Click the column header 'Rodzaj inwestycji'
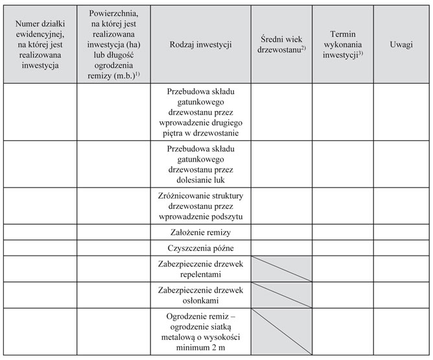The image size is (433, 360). tap(200, 43)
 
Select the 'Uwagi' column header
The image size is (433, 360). tap(402, 43)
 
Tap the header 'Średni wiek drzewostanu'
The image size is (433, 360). tap(281, 43)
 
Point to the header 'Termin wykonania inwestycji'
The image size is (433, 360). tap(342, 43)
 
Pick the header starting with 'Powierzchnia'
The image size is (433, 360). tap(113, 43)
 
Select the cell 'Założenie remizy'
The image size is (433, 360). tap(200, 232)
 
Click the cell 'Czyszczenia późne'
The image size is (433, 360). tap(200, 248)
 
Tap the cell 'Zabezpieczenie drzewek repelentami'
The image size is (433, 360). tap(200, 269)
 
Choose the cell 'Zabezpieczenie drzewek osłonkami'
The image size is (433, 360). tap(200, 295)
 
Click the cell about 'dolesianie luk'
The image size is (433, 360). tap(200, 164)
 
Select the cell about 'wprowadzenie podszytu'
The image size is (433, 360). tap(200, 206)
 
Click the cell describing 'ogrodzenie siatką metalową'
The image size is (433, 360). tap(200, 331)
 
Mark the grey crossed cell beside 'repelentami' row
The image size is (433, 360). tap(281, 269)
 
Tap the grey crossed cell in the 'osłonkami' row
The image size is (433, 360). tap(281, 295)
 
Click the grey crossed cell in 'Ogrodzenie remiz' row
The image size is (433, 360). tap(281, 331)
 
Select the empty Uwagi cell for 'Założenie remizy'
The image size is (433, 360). tap(402, 232)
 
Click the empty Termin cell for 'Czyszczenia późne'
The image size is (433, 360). tap(342, 248)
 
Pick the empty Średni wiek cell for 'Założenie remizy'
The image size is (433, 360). tap(281, 232)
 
